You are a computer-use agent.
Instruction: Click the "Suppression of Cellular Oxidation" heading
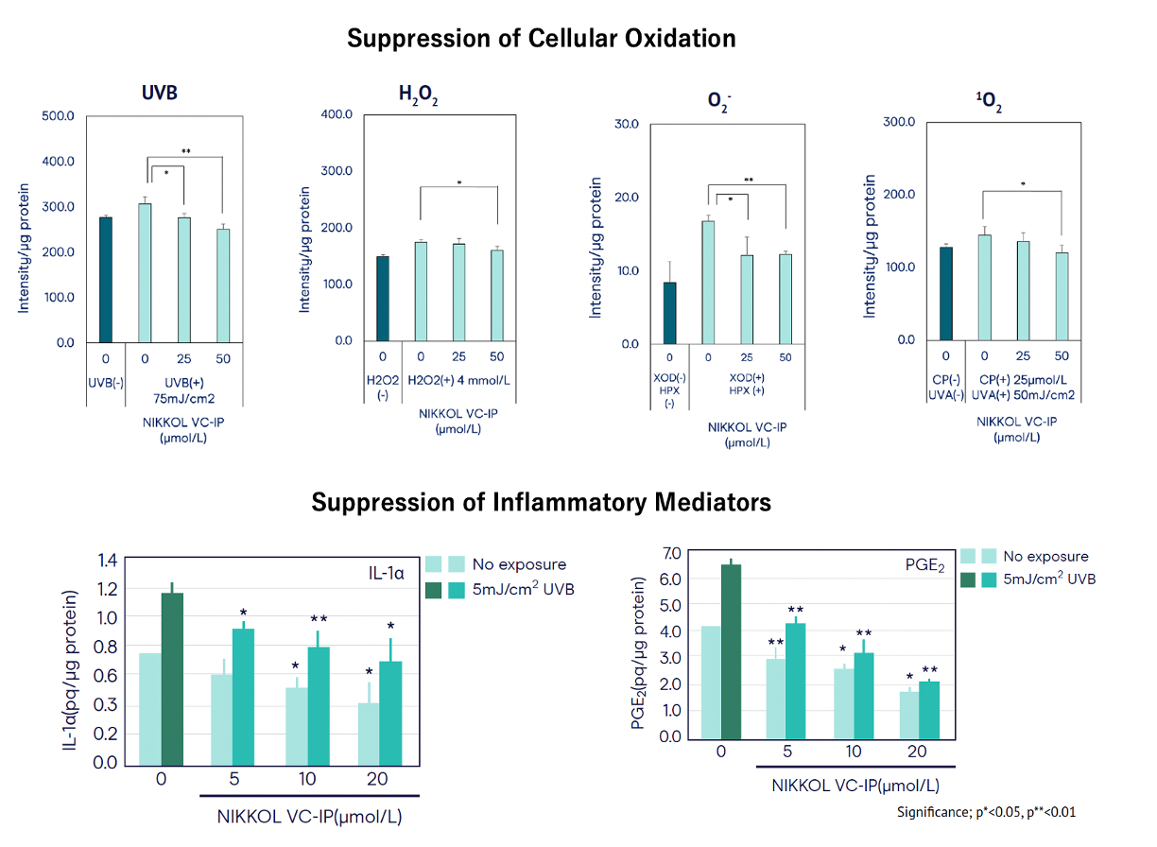[x=541, y=39]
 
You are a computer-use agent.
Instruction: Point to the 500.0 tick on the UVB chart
[x=58, y=116]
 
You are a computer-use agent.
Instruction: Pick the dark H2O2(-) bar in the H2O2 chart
[x=382, y=299]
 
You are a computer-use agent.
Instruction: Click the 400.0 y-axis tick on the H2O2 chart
[x=337, y=114]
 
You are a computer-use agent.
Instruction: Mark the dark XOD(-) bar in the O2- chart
[x=669, y=313]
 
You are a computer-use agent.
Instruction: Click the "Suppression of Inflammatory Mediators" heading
[x=541, y=502]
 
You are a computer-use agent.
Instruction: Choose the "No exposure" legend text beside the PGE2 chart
[x=1045, y=557]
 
